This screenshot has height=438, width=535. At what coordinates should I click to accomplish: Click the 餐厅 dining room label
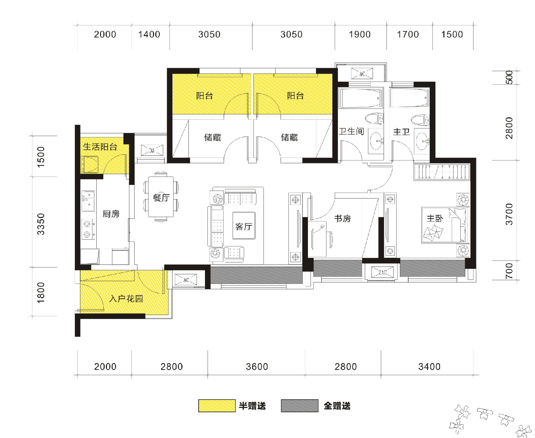click(161, 198)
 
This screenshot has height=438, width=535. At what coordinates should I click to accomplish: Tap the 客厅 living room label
click(243, 226)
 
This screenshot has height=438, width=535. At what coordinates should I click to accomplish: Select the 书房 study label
click(342, 218)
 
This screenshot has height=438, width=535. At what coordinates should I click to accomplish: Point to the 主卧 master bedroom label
click(435, 218)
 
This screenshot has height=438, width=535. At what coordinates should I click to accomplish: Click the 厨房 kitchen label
click(111, 214)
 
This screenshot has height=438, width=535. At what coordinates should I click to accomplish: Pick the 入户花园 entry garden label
click(126, 299)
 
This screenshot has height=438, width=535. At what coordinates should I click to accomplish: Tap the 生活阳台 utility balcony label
click(100, 146)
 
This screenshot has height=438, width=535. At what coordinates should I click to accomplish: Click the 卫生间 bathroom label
click(351, 131)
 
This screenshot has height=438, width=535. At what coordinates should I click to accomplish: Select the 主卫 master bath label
click(401, 132)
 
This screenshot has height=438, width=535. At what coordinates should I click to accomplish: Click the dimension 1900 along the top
click(360, 34)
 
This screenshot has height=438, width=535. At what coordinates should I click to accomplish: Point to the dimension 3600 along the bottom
click(257, 366)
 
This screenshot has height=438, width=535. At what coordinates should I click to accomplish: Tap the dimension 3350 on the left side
click(41, 224)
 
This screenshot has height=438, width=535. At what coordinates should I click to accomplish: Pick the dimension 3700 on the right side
click(509, 214)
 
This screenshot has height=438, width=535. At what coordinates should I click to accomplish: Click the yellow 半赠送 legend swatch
click(217, 406)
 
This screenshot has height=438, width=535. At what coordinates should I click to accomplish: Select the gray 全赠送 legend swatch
click(300, 406)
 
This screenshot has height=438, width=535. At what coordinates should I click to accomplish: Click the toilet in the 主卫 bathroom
click(420, 120)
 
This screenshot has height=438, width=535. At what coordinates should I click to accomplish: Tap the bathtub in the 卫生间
click(361, 98)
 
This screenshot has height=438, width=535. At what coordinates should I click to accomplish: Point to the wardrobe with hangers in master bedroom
click(442, 172)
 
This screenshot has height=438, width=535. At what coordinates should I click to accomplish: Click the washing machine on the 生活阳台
click(89, 165)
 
